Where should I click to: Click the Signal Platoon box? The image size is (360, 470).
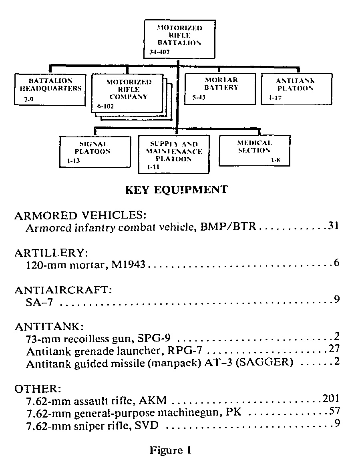pyautogui.click(x=95, y=151)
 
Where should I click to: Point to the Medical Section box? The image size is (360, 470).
pyautogui.click(x=254, y=150)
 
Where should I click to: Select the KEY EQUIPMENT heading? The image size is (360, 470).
pyautogui.click(x=177, y=190)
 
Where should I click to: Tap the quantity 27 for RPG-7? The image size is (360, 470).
pyautogui.click(x=333, y=349)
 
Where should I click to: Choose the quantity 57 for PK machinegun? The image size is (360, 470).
pyautogui.click(x=333, y=411)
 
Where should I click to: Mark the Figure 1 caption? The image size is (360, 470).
pyautogui.click(x=170, y=450)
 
